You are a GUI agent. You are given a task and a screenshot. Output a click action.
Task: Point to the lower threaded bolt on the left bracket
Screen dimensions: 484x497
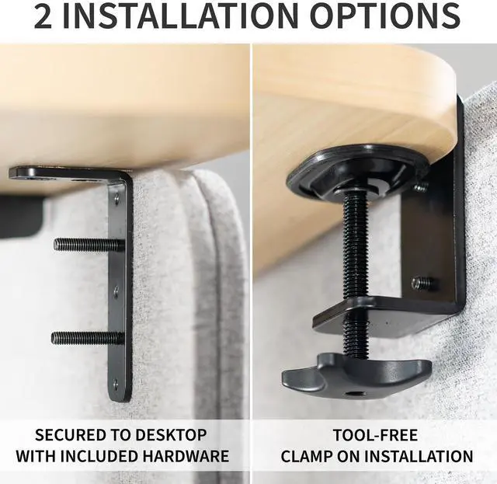tap(85, 338)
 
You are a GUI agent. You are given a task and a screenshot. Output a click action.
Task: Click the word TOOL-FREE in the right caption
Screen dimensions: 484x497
tap(374, 434)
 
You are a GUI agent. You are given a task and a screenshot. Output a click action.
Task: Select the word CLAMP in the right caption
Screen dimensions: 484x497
tap(311, 456)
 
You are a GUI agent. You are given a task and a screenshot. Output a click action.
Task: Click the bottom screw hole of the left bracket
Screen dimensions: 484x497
tap(116, 382)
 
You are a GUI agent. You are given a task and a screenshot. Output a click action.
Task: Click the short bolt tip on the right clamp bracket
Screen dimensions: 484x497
tap(422, 284)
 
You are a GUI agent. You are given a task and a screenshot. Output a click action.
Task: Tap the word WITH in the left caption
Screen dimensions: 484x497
tap(36, 456)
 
